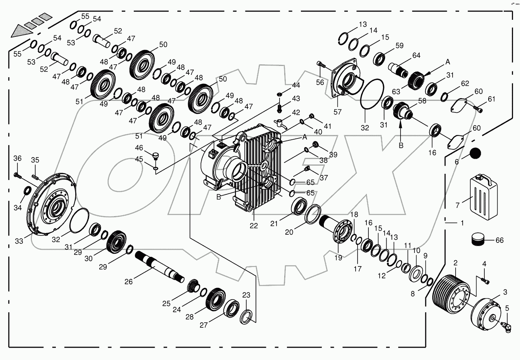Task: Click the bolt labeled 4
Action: tap(484, 280)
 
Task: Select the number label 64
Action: tap(416, 55)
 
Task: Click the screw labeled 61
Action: tap(479, 109)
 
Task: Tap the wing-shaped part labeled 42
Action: tap(281, 123)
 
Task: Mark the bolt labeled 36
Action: tap(17, 175)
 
